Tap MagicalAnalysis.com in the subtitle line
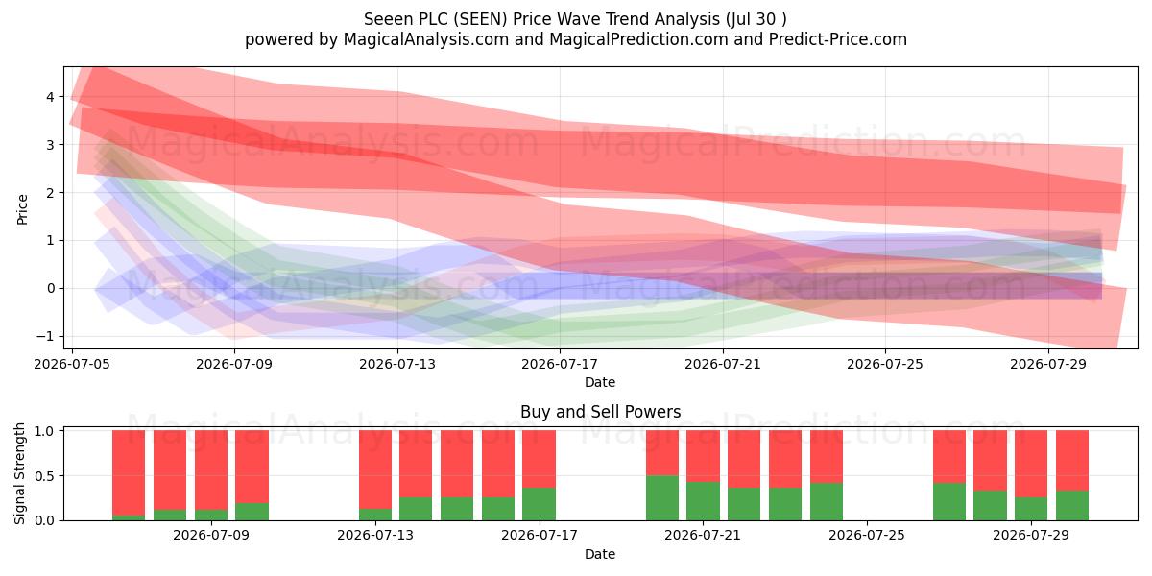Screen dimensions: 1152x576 click(x=426, y=39)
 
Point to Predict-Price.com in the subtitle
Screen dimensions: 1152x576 click(x=838, y=39)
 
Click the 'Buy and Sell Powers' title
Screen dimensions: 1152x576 click(x=600, y=412)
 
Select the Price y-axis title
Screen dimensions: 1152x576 click(x=22, y=209)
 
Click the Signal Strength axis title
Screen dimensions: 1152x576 click(x=19, y=473)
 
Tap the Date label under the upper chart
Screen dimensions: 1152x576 click(x=600, y=382)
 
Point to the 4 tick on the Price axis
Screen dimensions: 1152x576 click(x=50, y=97)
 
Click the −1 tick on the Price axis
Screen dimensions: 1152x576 click(x=45, y=336)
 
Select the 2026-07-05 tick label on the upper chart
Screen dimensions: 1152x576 click(x=72, y=364)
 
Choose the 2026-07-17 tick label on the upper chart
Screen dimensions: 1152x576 click(x=560, y=364)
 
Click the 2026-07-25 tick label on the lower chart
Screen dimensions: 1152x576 click(x=867, y=535)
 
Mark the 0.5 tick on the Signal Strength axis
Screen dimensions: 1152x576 click(x=44, y=476)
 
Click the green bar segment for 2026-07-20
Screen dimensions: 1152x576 click(x=662, y=498)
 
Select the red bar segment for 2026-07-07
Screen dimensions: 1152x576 click(x=129, y=472)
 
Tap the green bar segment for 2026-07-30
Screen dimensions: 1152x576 click(x=1072, y=506)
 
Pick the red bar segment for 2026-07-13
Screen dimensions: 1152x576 click(x=375, y=469)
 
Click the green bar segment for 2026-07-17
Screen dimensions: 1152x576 click(x=539, y=504)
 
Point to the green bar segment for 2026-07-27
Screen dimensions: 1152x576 click(x=949, y=502)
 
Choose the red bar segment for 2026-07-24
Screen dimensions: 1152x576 click(x=827, y=457)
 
